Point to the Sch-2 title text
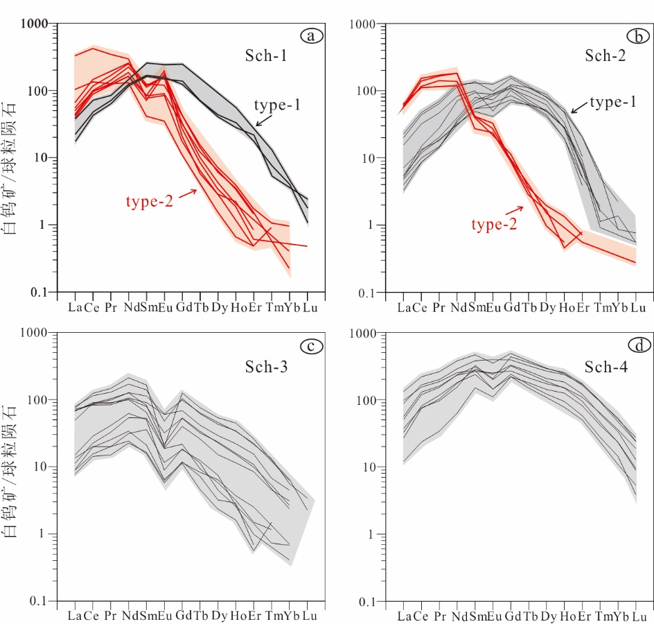point(605,56)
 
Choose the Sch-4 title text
point(605,367)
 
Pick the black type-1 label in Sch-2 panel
point(613,103)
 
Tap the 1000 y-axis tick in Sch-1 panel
point(34,24)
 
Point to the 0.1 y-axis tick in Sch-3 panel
point(38,601)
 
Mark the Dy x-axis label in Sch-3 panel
point(220,616)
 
